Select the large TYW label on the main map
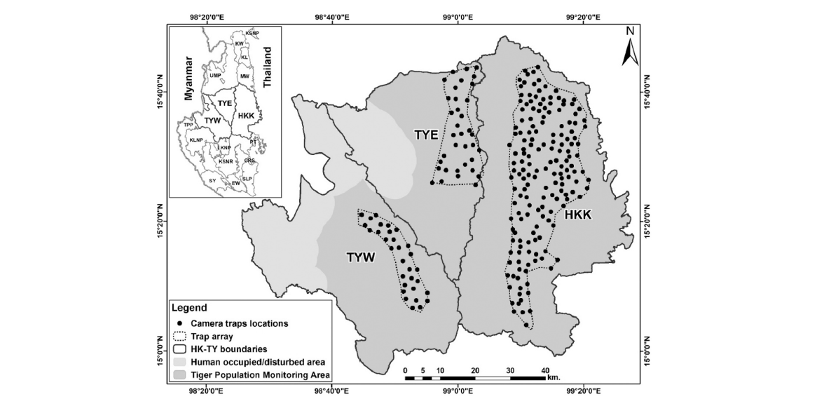(x=362, y=258)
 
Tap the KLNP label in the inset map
(x=195, y=140)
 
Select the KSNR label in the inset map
(x=226, y=162)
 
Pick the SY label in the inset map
(x=212, y=180)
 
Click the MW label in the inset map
(x=244, y=76)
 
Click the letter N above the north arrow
(x=629, y=31)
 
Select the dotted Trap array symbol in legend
(x=179, y=336)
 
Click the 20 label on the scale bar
(x=475, y=370)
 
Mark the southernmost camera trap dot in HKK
(x=526, y=325)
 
